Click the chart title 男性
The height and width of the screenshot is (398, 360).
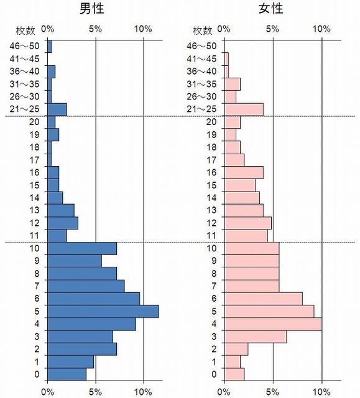click(95, 10)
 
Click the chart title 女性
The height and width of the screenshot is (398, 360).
click(272, 10)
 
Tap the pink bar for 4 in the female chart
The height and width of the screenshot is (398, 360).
click(272, 324)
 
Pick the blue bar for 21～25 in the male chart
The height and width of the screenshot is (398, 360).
click(57, 109)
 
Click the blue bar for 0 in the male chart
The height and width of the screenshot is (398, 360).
click(67, 374)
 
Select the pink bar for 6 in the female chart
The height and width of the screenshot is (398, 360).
click(263, 298)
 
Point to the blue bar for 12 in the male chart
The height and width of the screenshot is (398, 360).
click(62, 223)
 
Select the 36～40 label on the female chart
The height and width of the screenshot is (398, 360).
click(201, 72)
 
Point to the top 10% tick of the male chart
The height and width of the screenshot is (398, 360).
click(143, 29)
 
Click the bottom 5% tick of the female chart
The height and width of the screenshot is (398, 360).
click(272, 392)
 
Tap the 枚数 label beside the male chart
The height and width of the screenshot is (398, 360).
click(26, 30)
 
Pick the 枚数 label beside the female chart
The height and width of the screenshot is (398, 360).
click(203, 30)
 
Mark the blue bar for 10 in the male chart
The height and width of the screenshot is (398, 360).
click(81, 248)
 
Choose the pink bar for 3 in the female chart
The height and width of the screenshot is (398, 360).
click(255, 336)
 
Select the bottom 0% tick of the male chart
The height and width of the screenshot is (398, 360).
click(47, 392)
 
